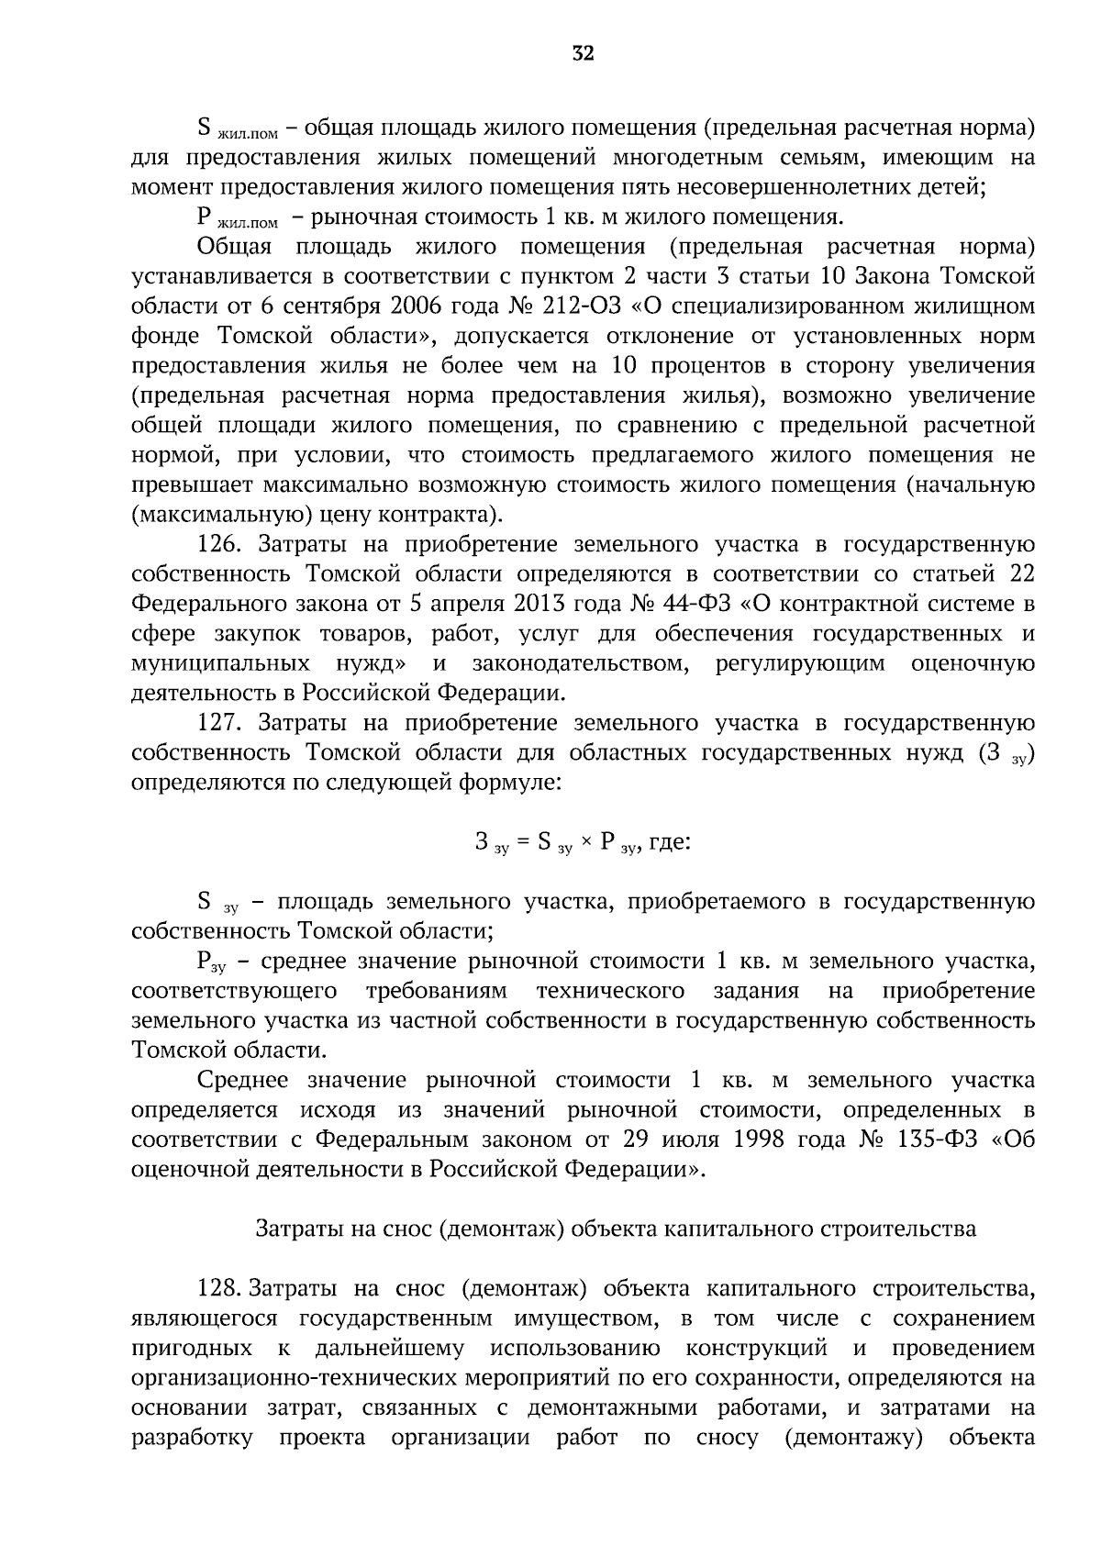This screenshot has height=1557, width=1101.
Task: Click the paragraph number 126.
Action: (218, 545)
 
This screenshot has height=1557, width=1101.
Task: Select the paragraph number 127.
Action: (218, 723)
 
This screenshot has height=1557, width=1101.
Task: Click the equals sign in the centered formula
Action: (523, 842)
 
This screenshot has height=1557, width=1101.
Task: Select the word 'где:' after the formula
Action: (669, 842)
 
